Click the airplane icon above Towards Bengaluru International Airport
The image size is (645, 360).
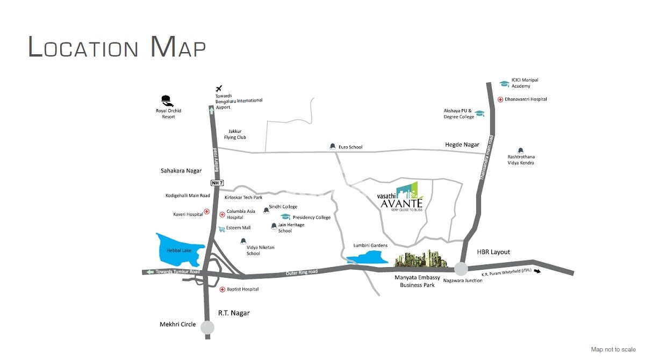click(219, 88)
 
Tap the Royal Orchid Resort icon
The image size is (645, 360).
click(166, 100)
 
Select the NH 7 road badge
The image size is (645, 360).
click(217, 183)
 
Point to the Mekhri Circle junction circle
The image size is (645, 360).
click(207, 327)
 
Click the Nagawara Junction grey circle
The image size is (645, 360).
click(461, 269)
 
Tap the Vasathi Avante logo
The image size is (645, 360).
click(402, 197)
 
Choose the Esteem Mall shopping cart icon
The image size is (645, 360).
click(221, 229)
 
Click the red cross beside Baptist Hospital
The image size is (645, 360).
click(222, 289)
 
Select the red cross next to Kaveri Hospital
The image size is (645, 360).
click(206, 213)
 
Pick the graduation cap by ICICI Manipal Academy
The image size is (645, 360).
click(504, 83)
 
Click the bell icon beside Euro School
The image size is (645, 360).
click(332, 147)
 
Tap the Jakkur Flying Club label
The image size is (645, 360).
click(235, 134)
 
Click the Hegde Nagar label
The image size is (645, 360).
click(462, 145)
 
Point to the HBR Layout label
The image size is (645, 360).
click(493, 252)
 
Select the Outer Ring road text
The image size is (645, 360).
click(302, 272)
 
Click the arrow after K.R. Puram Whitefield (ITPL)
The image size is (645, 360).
click(536, 271)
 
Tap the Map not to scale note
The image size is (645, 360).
click(613, 349)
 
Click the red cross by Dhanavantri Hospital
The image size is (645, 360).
click(500, 99)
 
